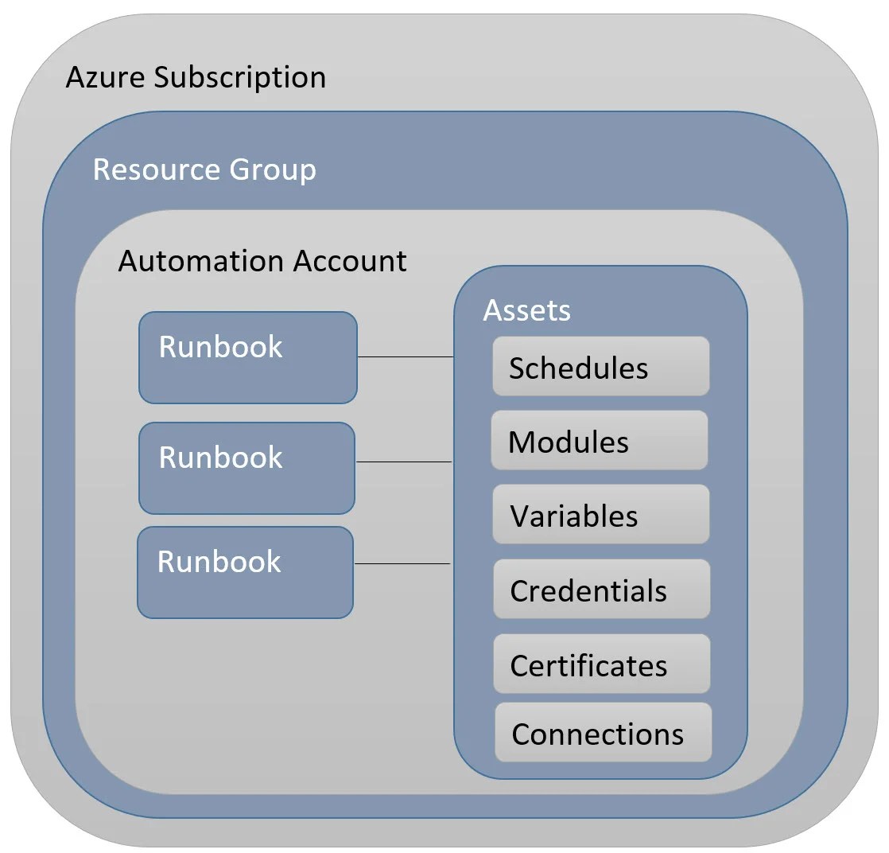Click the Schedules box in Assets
600,367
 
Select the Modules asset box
599,441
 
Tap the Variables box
600,515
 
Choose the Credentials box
601,590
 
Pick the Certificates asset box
601,664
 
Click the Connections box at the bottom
603,733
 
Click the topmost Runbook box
247,357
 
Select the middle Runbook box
247,468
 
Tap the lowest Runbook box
245,572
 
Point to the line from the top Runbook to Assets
405,357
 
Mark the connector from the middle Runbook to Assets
403,462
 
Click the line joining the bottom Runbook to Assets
402,564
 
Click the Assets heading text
526,310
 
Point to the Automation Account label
262,261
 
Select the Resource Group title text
204,169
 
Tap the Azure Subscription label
196,78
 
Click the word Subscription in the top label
240,78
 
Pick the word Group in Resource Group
273,169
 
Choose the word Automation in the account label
202,261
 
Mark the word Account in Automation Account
350,261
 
